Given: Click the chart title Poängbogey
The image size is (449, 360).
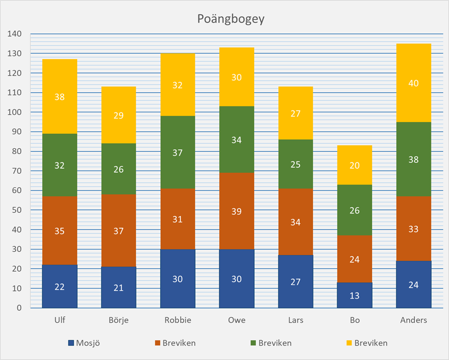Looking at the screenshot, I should tap(224, 19).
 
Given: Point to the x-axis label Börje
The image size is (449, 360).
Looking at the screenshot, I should tap(119, 320).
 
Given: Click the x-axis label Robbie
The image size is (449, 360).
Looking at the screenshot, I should tap(178, 320).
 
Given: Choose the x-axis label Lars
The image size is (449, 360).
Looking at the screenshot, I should tap(296, 320).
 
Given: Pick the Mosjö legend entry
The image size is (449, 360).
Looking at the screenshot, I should tap(83, 343).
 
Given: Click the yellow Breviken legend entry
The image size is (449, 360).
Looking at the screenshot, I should tap(366, 343).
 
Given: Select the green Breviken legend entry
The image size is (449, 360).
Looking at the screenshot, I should tap(270, 343).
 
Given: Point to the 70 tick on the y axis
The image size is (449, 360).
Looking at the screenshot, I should tap(17, 171).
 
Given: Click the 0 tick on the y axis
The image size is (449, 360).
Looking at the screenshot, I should tap(19, 308).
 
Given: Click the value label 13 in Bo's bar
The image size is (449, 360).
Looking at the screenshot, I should tap(355, 295).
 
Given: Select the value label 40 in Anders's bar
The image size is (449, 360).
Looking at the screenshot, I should tap(414, 84).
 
